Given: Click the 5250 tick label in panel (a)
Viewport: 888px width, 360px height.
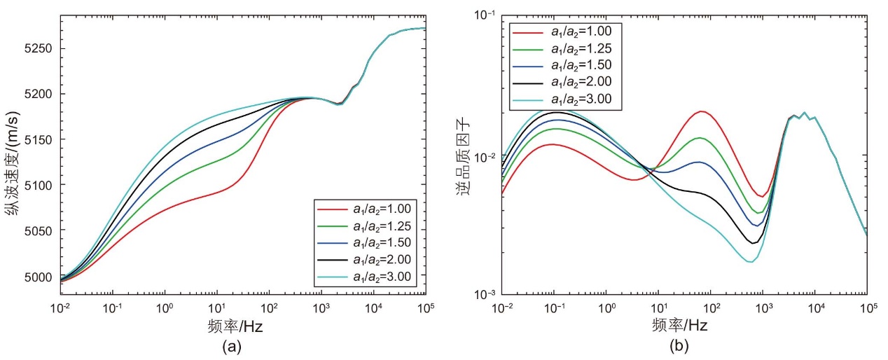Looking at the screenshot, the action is (x=38, y=48).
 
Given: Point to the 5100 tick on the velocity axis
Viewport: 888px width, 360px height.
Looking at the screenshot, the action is (x=38, y=185).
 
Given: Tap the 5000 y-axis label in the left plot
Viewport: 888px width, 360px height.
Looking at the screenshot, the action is (x=38, y=277).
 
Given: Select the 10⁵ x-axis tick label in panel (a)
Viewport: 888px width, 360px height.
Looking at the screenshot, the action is (x=426, y=307).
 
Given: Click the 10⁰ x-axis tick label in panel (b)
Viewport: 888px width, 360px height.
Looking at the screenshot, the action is (x=606, y=307).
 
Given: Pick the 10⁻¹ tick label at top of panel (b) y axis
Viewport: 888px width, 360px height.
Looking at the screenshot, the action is (x=485, y=15).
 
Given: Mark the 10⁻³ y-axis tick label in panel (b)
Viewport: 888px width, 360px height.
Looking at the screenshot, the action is (x=485, y=293).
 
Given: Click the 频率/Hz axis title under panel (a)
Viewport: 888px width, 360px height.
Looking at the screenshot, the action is (x=235, y=326).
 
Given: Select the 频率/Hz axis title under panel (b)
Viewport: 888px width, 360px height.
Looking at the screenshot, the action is (x=679, y=326).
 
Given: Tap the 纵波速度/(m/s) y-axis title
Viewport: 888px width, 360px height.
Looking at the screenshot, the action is (x=12, y=163).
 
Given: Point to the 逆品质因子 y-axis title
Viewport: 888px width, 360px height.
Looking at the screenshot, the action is (x=463, y=158).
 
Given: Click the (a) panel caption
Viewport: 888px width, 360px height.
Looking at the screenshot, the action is (x=232, y=347).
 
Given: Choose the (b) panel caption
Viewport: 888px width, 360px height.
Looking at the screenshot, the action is (x=679, y=346).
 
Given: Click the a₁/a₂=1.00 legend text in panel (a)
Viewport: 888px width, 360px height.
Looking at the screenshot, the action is (x=382, y=209).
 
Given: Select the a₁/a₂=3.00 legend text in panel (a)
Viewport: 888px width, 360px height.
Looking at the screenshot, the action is (x=382, y=277).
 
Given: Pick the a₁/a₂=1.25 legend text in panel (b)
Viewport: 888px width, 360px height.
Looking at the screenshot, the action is (x=581, y=49).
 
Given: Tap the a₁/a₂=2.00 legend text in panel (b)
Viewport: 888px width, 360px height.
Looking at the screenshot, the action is (x=581, y=82).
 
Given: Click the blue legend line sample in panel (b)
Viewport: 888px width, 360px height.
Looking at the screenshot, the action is (x=527, y=67).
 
